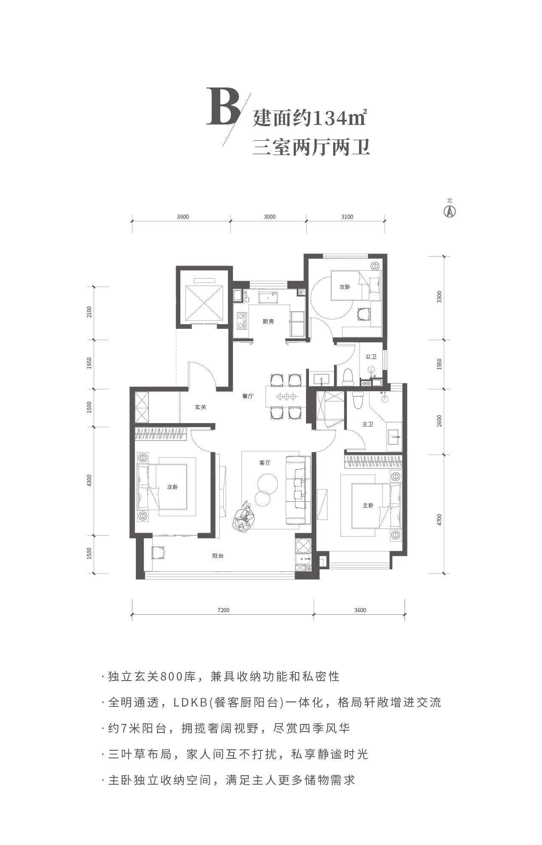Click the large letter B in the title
pyautogui.click(x=223, y=107)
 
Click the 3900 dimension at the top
pyautogui.click(x=183, y=217)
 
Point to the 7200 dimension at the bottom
pyautogui.click(x=223, y=610)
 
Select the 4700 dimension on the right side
pyautogui.click(x=439, y=520)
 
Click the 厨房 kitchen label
pyautogui.click(x=268, y=321)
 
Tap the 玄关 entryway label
pyautogui.click(x=200, y=407)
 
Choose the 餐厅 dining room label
pyautogui.click(x=248, y=396)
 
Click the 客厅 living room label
pyautogui.click(x=265, y=463)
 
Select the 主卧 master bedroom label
pyautogui.click(x=368, y=506)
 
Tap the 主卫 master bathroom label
pyautogui.click(x=368, y=424)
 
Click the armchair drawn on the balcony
pyautogui.click(x=159, y=552)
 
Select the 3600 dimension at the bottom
pyautogui.click(x=359, y=610)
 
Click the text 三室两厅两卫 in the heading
pyautogui.click(x=311, y=148)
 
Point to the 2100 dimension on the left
pyautogui.click(x=89, y=313)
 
